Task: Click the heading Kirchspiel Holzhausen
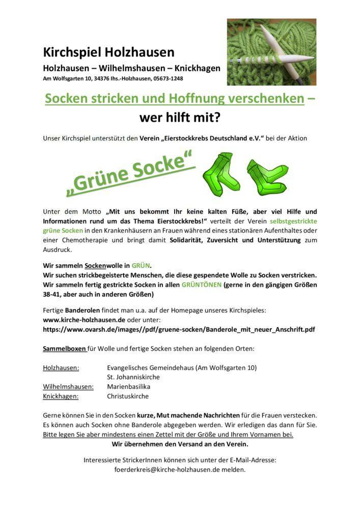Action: [108, 52]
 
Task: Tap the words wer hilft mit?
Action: [180, 118]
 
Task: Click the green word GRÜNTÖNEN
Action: [201, 285]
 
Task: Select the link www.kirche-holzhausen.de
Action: [84, 320]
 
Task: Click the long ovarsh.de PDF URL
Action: [179, 329]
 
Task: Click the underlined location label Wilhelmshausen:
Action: [68, 386]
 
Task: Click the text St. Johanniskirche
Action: [133, 377]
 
